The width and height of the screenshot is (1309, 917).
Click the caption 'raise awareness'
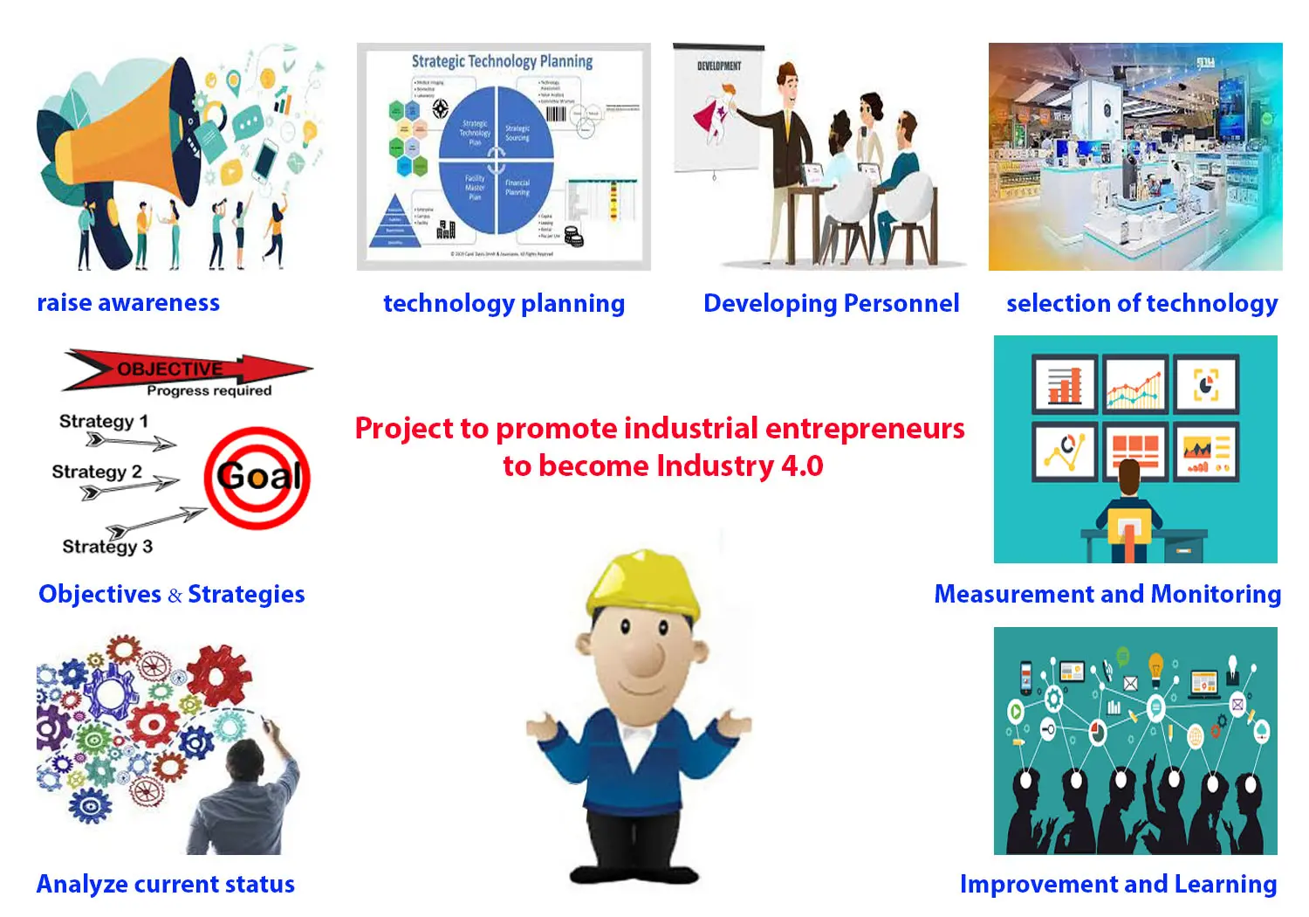pyautogui.click(x=128, y=302)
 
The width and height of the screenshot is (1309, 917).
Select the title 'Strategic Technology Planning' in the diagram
pyautogui.click(x=502, y=61)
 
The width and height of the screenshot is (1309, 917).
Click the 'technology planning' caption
pyautogui.click(x=504, y=303)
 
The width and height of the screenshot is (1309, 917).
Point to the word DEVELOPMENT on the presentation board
pyautogui.click(x=719, y=66)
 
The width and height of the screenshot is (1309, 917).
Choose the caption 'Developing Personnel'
pyautogui.click(x=831, y=303)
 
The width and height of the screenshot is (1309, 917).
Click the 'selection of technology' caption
pyautogui.click(x=1141, y=303)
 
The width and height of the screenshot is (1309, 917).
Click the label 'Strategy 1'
pyautogui.click(x=103, y=421)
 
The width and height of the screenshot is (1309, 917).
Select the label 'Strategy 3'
pyautogui.click(x=106, y=546)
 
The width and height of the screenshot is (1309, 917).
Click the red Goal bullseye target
pyautogui.click(x=257, y=477)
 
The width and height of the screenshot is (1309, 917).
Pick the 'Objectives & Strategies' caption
pyautogui.click(x=172, y=594)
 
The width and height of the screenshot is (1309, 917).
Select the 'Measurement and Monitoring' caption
pyautogui.click(x=1107, y=594)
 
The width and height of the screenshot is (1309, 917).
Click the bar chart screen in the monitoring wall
pyautogui.click(x=1064, y=383)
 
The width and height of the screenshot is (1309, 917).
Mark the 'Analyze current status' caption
pyautogui.click(x=166, y=884)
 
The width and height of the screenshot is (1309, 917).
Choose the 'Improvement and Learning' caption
pyautogui.click(x=1118, y=884)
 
